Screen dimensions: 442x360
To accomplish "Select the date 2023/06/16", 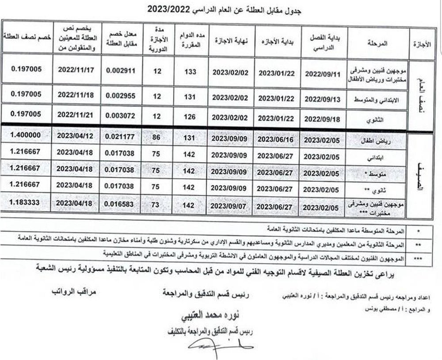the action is click(x=278, y=139).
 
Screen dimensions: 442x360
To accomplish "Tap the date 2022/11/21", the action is click(x=74, y=114).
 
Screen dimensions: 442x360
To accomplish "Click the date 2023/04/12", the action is click(x=74, y=136).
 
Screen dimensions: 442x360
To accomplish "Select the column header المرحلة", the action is click(x=377, y=43).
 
